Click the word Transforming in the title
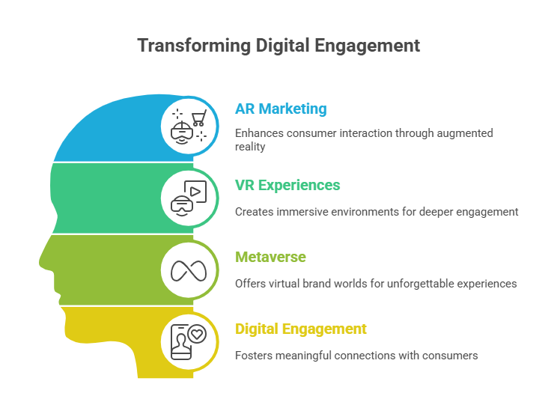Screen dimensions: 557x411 pyautogui.click(x=194, y=46)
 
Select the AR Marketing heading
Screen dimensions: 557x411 pyautogui.click(x=281, y=109)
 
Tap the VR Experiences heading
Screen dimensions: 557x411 pyautogui.click(x=287, y=186)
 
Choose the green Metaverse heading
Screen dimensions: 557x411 pyautogui.click(x=270, y=257)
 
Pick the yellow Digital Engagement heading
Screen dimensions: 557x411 pyautogui.click(x=300, y=329)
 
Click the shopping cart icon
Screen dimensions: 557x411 pyautogui.click(x=199, y=118)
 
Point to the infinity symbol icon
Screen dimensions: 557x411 pyautogui.click(x=189, y=271)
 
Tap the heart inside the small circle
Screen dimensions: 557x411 pyautogui.click(x=197, y=334)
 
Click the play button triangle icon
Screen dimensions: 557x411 pyautogui.click(x=195, y=192)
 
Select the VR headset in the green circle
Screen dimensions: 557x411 pyautogui.click(x=182, y=205)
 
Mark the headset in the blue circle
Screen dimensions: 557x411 pyautogui.click(x=182, y=133)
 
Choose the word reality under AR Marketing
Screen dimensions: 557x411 pyautogui.click(x=250, y=147)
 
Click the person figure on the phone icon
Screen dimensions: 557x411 pyautogui.click(x=181, y=343)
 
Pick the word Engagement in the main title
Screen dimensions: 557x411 pyautogui.click(x=367, y=46)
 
